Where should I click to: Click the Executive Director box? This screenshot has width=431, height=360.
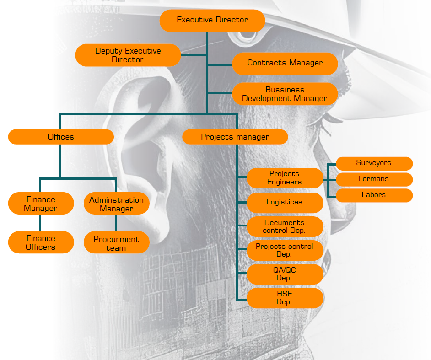pyautogui.click(x=212, y=21)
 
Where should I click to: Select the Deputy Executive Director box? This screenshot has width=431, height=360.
pyautogui.click(x=128, y=55)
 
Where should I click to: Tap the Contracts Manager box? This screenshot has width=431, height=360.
pyautogui.click(x=285, y=63)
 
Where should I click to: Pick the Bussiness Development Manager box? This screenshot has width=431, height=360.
pyautogui.click(x=285, y=94)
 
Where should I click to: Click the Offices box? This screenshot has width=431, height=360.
pyautogui.click(x=61, y=137)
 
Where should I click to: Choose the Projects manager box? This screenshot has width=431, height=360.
pyautogui.click(x=235, y=137)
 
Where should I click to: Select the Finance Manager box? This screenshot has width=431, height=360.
pyautogui.click(x=41, y=204)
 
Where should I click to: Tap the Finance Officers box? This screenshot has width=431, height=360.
pyautogui.click(x=41, y=242)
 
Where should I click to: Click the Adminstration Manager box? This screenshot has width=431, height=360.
pyautogui.click(x=116, y=204)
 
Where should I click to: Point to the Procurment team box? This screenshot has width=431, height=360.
pyautogui.click(x=116, y=243)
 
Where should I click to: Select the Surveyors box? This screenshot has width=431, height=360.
pyautogui.click(x=374, y=163)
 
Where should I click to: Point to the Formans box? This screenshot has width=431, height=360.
pyautogui.click(x=374, y=179)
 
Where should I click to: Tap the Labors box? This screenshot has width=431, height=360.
pyautogui.click(x=374, y=195)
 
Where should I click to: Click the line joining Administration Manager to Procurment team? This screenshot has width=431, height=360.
pyautogui.click(x=115, y=223)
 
